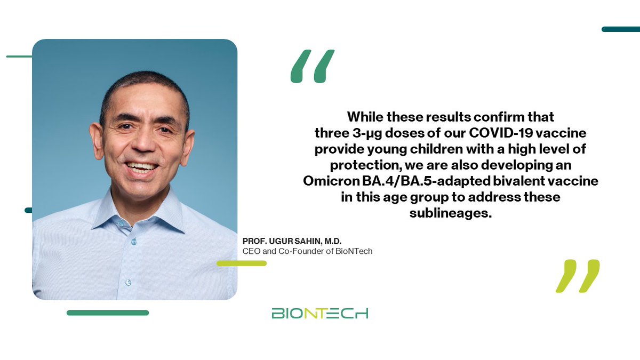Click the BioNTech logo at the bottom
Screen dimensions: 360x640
[x=319, y=313]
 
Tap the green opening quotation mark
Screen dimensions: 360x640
[x=313, y=67]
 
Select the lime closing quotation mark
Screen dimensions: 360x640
[x=577, y=276]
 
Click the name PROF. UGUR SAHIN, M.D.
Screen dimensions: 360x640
[x=288, y=242]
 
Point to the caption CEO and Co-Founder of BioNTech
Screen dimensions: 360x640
[x=307, y=251]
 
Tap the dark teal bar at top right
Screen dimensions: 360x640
[x=620, y=29]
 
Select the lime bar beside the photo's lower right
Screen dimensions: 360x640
[x=242, y=263]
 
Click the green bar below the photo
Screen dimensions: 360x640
[x=108, y=313]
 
